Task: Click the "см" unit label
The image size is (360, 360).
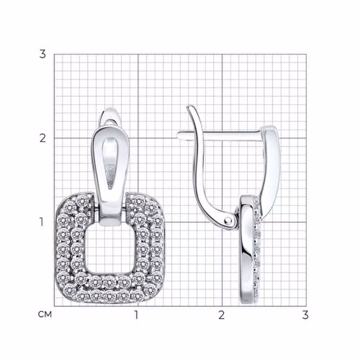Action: click(45, 314)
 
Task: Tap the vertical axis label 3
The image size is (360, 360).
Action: click(42, 54)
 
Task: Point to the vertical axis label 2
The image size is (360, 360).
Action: click(42, 138)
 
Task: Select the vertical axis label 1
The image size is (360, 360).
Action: click(41, 222)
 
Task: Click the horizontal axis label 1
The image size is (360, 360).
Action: click(136, 315)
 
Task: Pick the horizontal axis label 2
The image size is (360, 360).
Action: click(221, 315)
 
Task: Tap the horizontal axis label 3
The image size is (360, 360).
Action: click(305, 315)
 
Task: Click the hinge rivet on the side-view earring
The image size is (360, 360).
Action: click(228, 221)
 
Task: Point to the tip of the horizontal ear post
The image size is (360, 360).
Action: click(179, 135)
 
